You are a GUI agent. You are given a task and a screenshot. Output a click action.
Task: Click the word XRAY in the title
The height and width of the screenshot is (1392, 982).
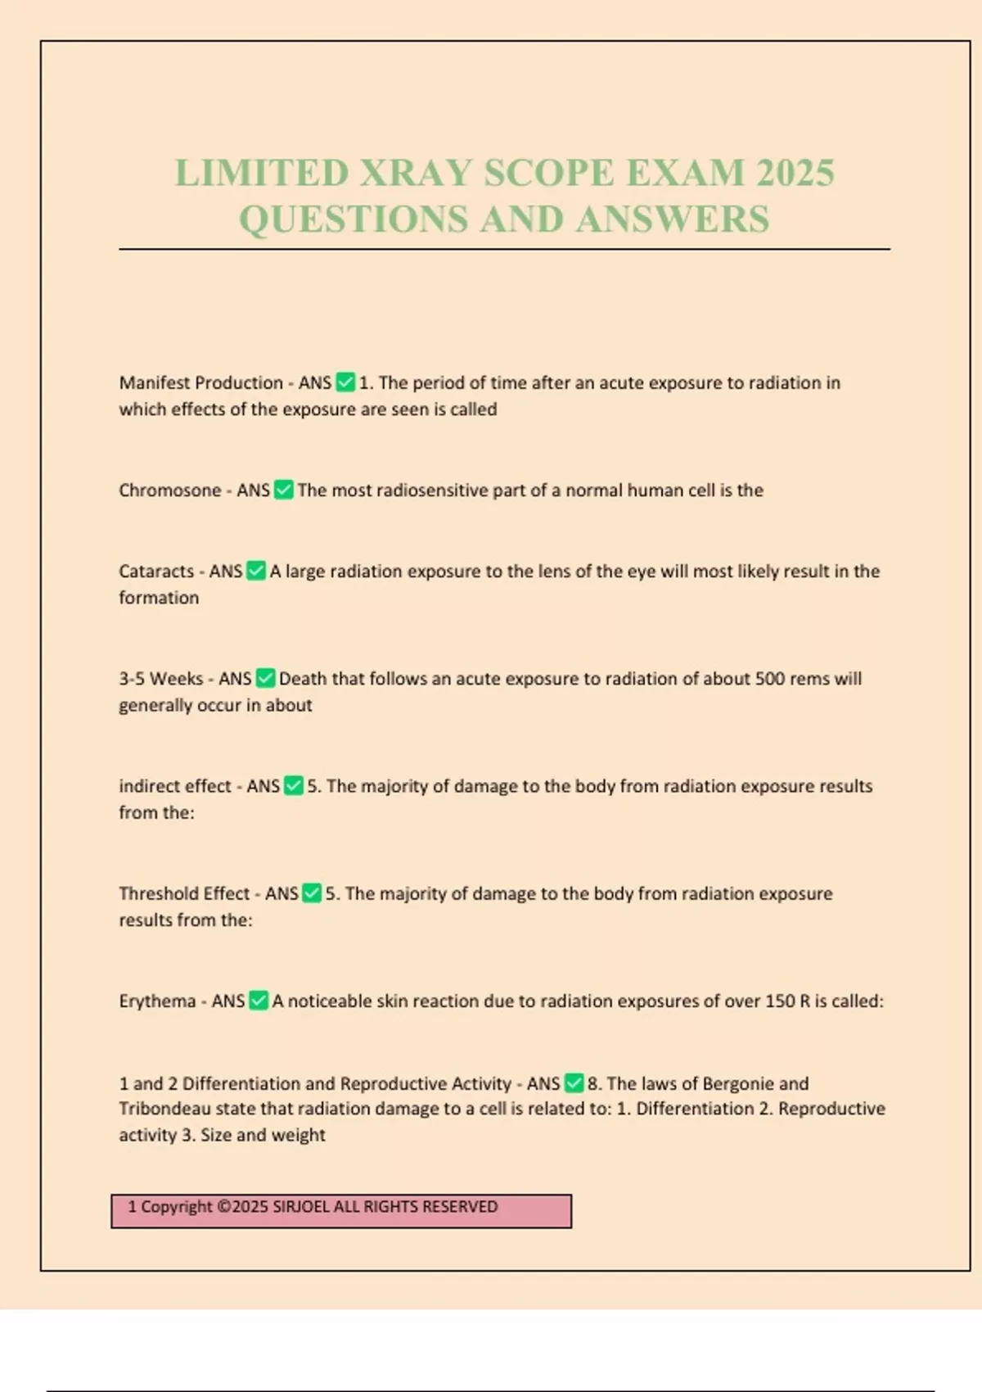[417, 173]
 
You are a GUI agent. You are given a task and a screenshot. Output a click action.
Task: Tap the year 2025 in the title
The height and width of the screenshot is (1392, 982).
[795, 173]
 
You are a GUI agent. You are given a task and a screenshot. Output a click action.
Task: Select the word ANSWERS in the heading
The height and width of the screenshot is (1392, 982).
[672, 219]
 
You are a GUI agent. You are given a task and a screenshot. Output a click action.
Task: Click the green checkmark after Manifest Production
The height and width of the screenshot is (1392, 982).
[346, 382]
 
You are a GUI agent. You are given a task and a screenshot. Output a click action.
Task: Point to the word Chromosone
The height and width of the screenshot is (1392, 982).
[170, 490]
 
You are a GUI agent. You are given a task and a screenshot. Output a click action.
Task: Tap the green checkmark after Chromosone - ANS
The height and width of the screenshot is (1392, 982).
[284, 490]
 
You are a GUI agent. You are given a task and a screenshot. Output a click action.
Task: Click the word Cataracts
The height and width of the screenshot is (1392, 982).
[156, 572]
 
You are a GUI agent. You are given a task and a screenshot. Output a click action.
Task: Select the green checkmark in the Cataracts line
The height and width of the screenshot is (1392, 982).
[256, 571]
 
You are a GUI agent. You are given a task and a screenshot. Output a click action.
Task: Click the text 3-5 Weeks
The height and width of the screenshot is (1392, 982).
[161, 679]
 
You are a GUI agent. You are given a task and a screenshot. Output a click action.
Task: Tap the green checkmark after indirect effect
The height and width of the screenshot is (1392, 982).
[294, 786]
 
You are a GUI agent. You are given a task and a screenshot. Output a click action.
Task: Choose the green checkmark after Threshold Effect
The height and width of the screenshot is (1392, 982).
[312, 893]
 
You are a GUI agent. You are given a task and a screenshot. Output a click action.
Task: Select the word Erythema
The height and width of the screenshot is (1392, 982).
[158, 1001]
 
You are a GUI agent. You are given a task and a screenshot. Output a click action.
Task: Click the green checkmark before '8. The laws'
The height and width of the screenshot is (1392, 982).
[574, 1083]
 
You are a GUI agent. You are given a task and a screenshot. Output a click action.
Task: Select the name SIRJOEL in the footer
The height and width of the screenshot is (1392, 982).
[303, 1207]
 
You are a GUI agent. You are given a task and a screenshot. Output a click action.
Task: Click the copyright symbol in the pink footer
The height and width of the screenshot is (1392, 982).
[225, 1207]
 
